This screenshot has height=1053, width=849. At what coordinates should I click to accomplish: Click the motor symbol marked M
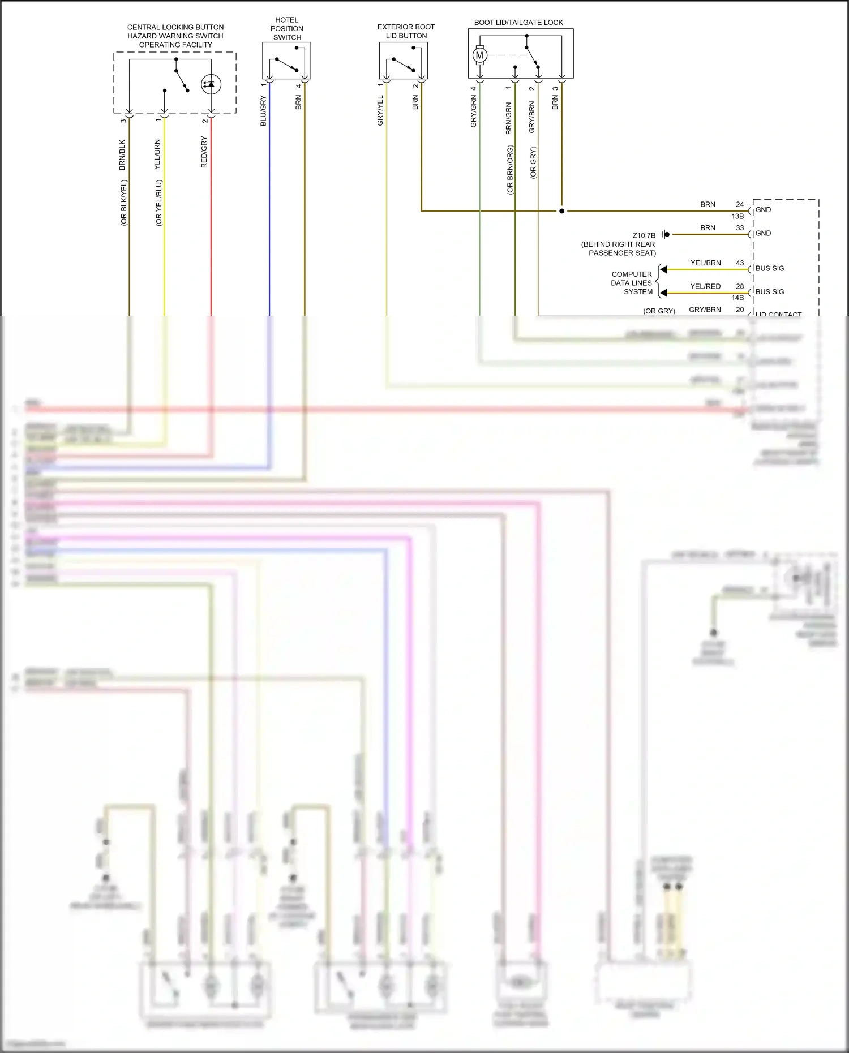tap(479, 55)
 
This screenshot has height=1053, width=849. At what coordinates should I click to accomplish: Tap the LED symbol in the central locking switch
tap(211, 84)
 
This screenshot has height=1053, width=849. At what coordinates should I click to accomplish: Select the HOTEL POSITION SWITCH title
tap(287, 29)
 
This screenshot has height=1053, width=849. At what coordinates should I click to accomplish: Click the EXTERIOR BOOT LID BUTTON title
tap(406, 31)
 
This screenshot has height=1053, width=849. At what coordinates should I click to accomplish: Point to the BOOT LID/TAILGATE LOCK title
tap(518, 23)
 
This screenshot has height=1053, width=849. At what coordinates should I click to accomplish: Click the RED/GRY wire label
tap(204, 152)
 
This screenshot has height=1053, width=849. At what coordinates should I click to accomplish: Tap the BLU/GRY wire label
tap(263, 111)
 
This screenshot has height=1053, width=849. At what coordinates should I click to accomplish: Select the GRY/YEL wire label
tap(380, 110)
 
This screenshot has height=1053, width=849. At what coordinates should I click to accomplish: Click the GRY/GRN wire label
tap(474, 111)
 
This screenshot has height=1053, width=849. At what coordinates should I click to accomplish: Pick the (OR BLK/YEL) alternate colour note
tap(124, 203)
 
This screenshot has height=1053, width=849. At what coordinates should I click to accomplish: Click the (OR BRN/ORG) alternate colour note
tap(510, 170)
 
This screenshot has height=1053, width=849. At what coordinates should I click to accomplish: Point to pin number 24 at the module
tap(740, 204)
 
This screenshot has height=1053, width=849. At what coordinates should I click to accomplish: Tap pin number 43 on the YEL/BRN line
tap(740, 263)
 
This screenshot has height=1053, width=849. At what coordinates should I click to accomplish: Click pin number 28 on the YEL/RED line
tap(740, 286)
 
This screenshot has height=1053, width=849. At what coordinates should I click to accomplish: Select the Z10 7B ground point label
tap(644, 235)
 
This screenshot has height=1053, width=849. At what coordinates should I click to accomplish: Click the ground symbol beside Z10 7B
tap(666, 234)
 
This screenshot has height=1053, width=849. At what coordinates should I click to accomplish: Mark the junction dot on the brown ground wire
tap(561, 211)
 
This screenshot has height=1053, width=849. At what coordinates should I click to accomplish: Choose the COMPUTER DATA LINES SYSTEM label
tap(632, 283)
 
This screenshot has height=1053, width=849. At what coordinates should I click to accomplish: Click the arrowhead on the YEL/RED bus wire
tap(663, 293)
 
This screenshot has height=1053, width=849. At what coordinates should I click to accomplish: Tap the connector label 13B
tap(737, 216)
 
